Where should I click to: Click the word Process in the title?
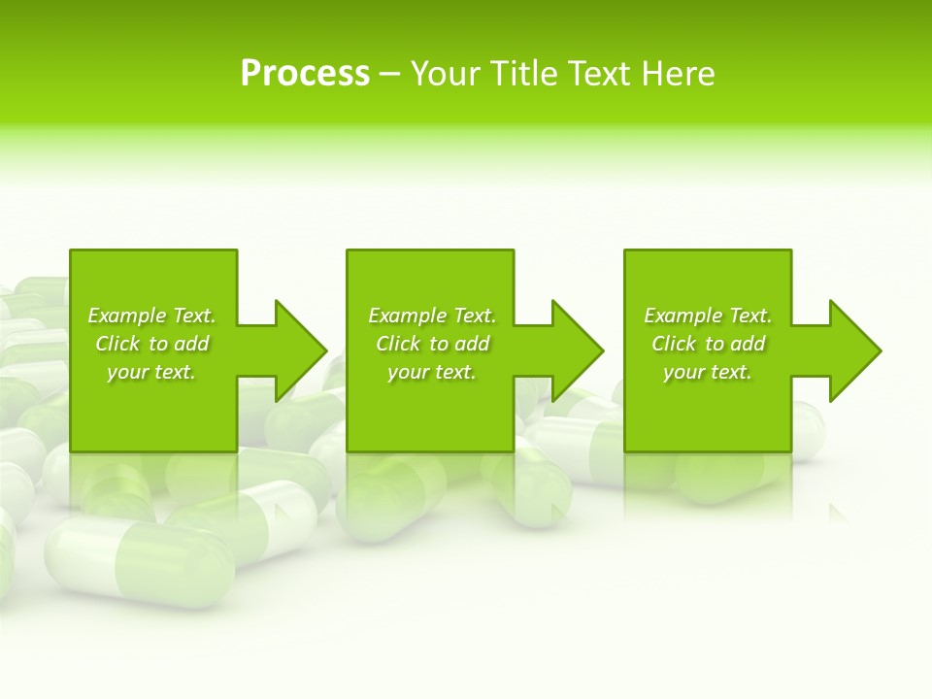(305, 74)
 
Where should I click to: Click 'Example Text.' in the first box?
(151, 316)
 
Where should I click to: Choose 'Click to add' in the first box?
(151, 344)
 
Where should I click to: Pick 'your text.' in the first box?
(151, 372)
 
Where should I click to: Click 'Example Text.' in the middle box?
(432, 316)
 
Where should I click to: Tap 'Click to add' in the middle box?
(432, 344)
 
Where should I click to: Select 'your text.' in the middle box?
(432, 372)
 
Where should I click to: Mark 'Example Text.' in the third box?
(708, 316)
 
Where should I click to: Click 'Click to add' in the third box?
(708, 344)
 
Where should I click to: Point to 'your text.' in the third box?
(708, 372)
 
